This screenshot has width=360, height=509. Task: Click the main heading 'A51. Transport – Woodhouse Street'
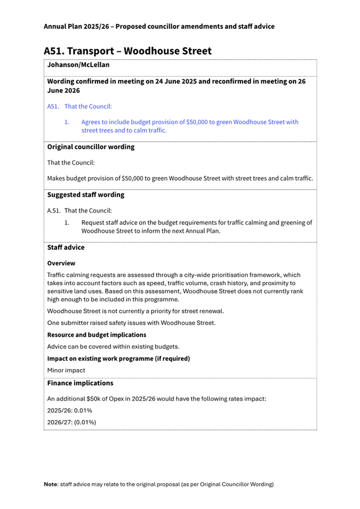tap(127, 51)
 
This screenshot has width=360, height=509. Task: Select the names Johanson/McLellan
tap(78, 65)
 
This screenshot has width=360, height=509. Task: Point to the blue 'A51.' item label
tap(53, 107)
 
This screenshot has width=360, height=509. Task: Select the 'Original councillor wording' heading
tap(91, 147)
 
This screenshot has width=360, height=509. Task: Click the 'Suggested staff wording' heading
tap(86, 195)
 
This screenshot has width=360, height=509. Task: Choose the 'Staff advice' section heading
tap(66, 247)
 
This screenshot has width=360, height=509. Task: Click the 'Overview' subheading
tap(61, 263)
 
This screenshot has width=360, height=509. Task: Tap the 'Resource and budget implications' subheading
tap(97, 335)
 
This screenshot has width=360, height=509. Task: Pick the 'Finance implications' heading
tap(80, 383)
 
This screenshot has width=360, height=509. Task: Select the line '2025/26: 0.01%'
tap(70, 410)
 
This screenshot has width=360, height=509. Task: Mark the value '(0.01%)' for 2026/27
tap(85, 422)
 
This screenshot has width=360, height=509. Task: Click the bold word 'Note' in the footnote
tap(51, 484)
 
